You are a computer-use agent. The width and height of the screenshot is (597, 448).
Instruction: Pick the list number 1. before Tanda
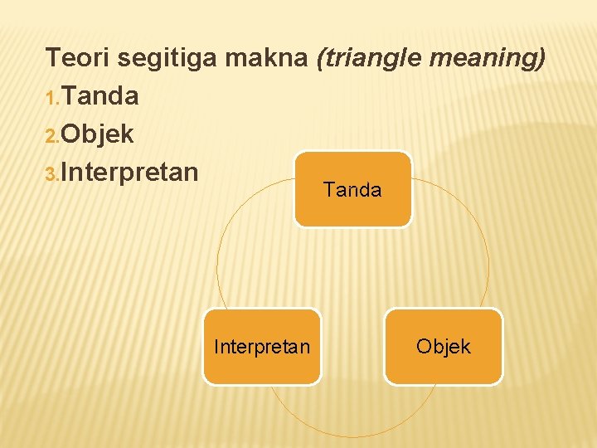[x=52, y=99]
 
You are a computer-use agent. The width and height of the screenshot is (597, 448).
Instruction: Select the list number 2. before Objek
[x=52, y=136]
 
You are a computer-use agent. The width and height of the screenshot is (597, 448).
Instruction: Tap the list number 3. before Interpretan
[x=52, y=173]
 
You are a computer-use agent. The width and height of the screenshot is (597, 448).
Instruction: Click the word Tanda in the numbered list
[x=99, y=96]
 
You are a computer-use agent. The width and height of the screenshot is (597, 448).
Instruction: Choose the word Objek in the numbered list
[x=97, y=134]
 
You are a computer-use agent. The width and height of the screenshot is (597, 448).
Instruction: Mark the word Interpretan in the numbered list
[x=129, y=172]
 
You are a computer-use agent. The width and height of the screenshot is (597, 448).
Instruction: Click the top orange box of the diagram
[x=352, y=207]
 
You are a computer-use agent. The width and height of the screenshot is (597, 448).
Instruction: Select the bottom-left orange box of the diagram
[x=261, y=365]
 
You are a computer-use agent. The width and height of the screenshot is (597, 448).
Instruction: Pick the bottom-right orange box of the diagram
[x=444, y=365]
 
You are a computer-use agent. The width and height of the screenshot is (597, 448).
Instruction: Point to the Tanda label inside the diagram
[x=352, y=190]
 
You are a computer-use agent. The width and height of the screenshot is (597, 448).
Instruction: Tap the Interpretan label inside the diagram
[x=261, y=346]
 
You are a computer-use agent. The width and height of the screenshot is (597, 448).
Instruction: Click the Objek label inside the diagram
[x=444, y=346]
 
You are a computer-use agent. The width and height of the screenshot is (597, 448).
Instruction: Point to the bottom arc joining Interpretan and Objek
[x=352, y=436]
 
